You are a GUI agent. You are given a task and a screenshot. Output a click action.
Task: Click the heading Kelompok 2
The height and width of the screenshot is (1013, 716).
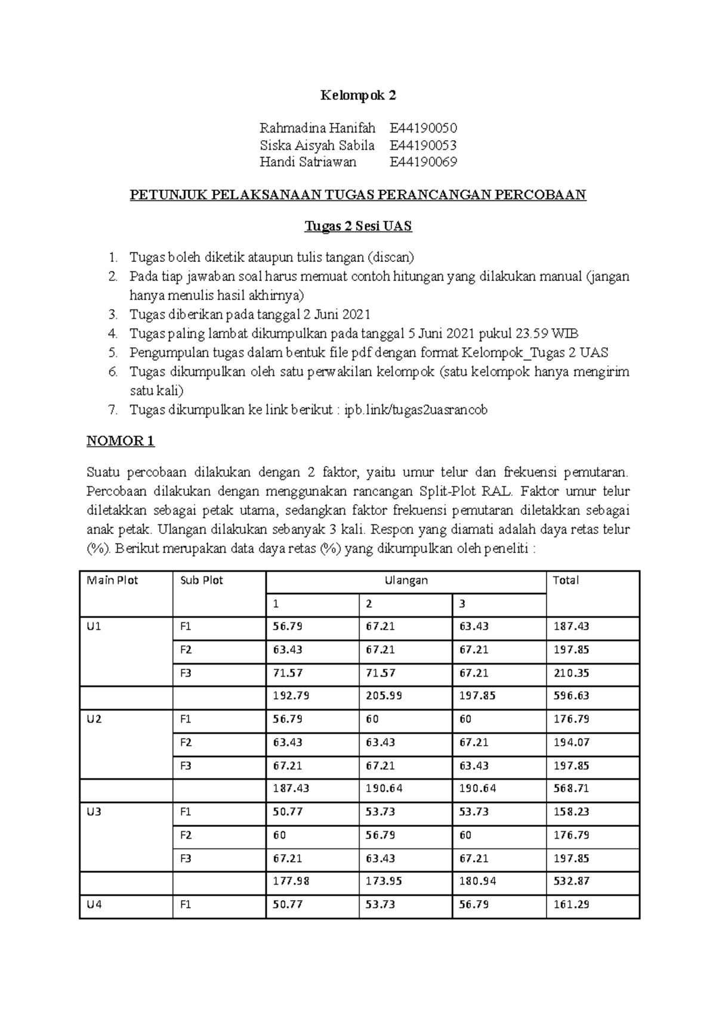pyautogui.click(x=358, y=95)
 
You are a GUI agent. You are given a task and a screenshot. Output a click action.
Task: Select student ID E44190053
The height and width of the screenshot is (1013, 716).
pyautogui.click(x=423, y=145)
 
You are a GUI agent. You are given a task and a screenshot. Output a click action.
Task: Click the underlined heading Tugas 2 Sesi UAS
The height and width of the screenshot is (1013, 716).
pyautogui.click(x=358, y=226)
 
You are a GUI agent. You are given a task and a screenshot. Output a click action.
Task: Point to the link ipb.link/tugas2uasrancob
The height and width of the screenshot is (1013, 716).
pyautogui.click(x=416, y=410)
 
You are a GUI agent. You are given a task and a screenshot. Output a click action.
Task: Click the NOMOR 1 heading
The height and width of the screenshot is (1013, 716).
pyautogui.click(x=121, y=441)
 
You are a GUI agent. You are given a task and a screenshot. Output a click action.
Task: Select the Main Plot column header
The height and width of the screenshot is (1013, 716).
pyautogui.click(x=112, y=580)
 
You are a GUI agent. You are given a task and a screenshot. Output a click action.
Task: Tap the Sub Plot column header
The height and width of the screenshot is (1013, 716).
pyautogui.click(x=202, y=580)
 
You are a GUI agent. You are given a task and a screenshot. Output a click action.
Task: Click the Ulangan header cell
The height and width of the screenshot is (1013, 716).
pyautogui.click(x=406, y=580)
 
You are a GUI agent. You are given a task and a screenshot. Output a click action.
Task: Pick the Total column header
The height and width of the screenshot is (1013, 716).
pyautogui.click(x=566, y=580)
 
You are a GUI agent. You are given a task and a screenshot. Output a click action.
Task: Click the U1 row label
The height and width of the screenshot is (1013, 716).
pyautogui.click(x=94, y=626)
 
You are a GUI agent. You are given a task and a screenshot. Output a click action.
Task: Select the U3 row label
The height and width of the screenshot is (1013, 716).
pyautogui.click(x=94, y=812)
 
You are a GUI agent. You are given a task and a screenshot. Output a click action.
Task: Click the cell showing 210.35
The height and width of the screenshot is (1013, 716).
pyautogui.click(x=571, y=673)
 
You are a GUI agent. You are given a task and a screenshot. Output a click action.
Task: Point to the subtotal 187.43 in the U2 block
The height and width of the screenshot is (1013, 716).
pyautogui.click(x=291, y=788)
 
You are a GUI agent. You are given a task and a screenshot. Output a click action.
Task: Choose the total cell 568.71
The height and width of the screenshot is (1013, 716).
pyautogui.click(x=571, y=788)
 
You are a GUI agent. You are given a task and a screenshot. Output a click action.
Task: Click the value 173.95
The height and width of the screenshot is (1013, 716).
pyautogui.click(x=384, y=881)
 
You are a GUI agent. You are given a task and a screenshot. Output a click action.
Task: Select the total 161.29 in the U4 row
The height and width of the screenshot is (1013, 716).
pyautogui.click(x=571, y=904)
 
